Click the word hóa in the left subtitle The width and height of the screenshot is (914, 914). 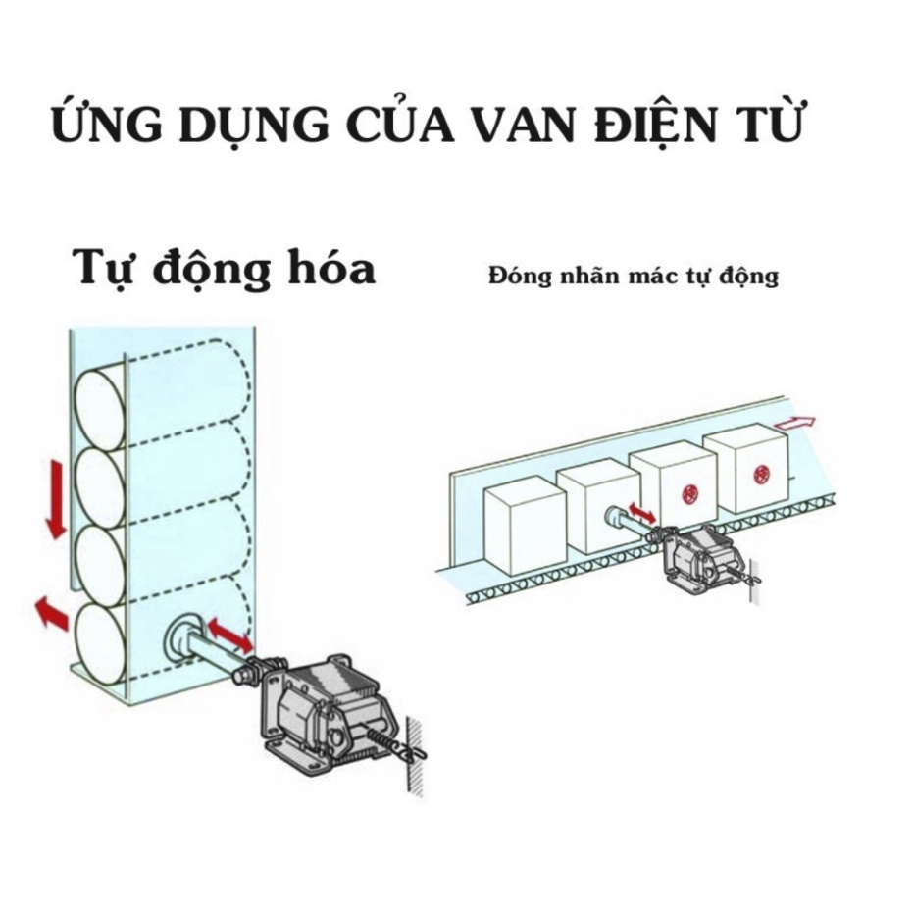326,268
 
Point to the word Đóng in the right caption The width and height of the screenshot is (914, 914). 520,276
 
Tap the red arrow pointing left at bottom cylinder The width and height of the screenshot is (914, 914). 51,614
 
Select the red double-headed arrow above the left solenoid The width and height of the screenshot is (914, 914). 229,635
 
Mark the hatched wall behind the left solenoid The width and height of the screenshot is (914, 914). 416,750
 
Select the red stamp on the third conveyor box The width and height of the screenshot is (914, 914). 687,495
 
